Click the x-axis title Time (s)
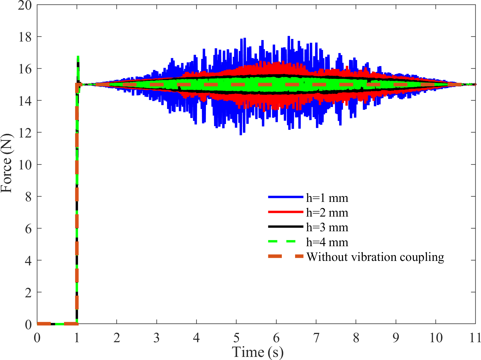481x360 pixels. click(257, 352)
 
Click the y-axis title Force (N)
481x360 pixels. click(7, 163)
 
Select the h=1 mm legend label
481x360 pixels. click(327, 198)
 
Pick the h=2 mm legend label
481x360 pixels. click(327, 213)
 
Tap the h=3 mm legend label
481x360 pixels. click(327, 228)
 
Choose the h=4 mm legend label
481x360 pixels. click(327, 242)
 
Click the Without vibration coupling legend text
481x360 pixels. click(375, 257)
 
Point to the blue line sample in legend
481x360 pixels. click(285, 197)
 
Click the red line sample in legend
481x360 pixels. click(285, 212)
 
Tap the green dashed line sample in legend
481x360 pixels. click(285, 241)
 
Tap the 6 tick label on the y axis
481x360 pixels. click(28, 228)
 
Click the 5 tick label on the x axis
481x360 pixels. click(236, 338)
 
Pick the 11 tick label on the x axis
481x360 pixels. click(475, 338)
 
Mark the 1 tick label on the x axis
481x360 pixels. click(77, 338)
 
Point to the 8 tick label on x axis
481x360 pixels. click(356, 338)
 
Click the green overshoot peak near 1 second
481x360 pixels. click(78, 57)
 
